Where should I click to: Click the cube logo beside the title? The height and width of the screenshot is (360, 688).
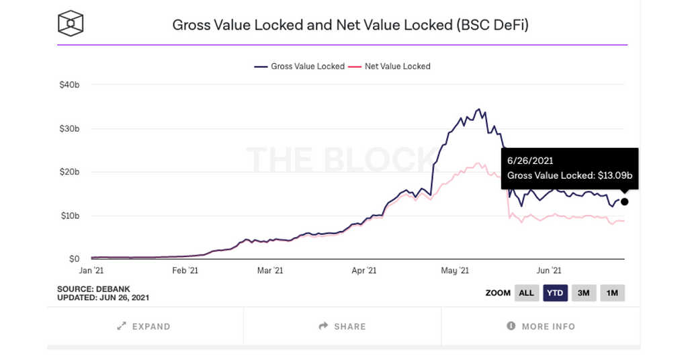coord(70,26)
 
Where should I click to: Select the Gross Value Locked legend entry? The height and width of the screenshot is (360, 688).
coord(300,66)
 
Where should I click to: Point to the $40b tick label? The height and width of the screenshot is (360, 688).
coord(70,85)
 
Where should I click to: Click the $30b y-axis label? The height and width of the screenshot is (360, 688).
coord(70,128)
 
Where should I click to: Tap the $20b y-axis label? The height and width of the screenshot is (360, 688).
coord(70,172)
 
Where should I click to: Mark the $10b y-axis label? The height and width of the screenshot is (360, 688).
coord(70,216)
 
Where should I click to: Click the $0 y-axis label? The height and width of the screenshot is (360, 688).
coord(74,259)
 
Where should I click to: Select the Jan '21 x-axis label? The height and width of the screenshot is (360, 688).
coord(91,271)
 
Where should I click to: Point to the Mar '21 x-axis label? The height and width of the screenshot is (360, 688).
coord(269,271)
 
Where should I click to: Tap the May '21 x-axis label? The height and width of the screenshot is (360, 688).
coord(454,271)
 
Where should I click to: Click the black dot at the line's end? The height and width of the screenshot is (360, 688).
coord(625,201)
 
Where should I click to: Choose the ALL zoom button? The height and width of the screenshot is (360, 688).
coord(527,293)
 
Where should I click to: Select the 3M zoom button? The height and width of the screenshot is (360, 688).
coord(584,293)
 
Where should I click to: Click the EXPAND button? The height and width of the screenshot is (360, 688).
coord(144,326)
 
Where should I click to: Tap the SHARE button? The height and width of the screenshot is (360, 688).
coord(343,326)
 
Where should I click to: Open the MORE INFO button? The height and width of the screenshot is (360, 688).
coord(541,326)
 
